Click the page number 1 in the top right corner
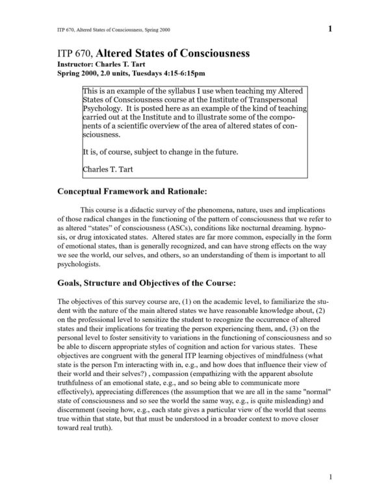tap(331, 29)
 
